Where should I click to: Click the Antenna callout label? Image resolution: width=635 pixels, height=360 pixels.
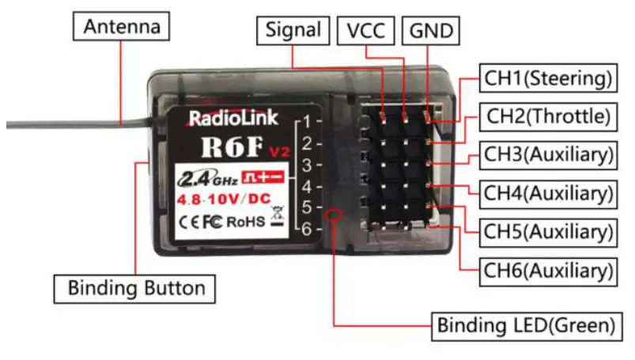click(x=122, y=27)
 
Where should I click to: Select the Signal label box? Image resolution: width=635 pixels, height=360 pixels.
click(x=293, y=30)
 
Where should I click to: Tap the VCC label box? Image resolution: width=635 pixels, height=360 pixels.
click(x=365, y=30)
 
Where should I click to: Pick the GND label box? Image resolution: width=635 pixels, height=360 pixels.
click(x=430, y=30)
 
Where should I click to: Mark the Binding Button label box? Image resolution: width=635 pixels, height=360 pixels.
click(x=136, y=287)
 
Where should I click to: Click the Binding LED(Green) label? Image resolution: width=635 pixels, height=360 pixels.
click(x=526, y=324)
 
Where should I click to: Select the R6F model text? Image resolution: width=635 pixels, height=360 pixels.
click(x=222, y=147)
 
